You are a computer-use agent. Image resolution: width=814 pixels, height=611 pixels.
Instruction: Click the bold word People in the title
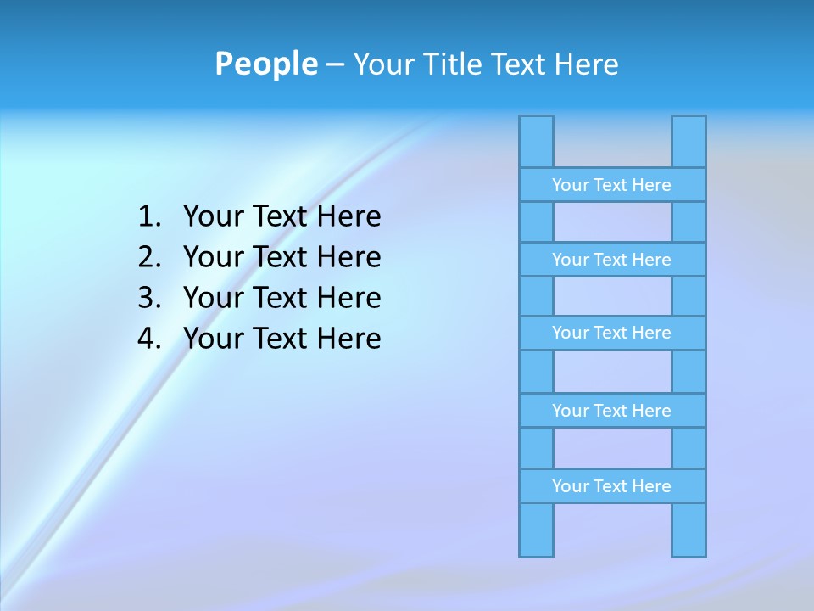[265, 64]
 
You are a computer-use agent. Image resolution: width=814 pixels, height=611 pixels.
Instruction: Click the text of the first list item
[282, 217]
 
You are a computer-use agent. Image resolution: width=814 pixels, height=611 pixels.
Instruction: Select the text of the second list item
[282, 257]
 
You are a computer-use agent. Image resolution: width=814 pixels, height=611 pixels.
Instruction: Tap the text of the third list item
[282, 298]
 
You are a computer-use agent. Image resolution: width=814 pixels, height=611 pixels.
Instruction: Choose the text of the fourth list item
[282, 339]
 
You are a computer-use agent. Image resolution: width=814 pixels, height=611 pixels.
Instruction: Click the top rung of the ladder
[611, 185]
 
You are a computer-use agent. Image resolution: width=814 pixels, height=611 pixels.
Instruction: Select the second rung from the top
[611, 260]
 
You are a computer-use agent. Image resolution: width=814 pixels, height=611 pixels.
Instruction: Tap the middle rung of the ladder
[611, 333]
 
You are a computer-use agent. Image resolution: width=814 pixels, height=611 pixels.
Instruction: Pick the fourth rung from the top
[611, 411]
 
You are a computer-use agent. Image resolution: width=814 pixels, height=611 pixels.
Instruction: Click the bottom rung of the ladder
[611, 486]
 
